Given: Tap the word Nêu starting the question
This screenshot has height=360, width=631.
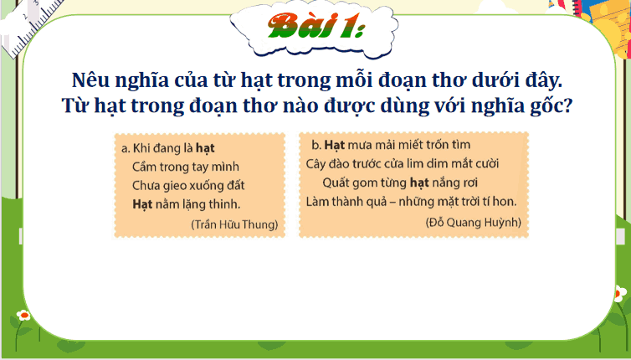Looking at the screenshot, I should [x=93, y=82].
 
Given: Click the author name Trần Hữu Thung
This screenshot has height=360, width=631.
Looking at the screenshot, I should [x=234, y=224].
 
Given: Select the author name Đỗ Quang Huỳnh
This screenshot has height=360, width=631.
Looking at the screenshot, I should [x=474, y=222].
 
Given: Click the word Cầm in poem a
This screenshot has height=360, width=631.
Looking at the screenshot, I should [x=146, y=167].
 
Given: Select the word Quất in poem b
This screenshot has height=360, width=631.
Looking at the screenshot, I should [x=336, y=182].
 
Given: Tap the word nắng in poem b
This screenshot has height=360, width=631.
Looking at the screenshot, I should [x=450, y=182].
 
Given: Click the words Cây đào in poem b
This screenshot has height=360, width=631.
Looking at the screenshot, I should [x=327, y=163].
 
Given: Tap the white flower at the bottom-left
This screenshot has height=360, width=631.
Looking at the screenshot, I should [x=23, y=316].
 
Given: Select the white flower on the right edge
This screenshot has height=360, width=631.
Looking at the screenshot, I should [x=620, y=293].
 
